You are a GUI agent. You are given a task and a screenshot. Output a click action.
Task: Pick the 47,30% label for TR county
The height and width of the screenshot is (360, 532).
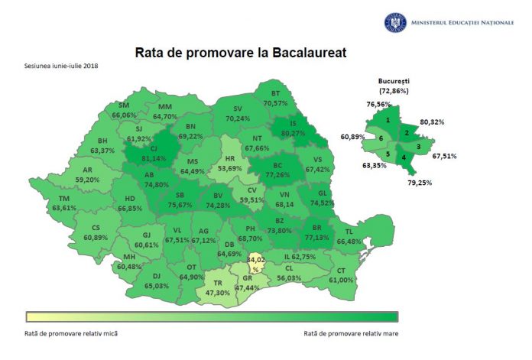tap(221, 292)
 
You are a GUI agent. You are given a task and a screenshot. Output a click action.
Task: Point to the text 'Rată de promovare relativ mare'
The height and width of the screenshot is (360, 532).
tap(349, 333)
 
